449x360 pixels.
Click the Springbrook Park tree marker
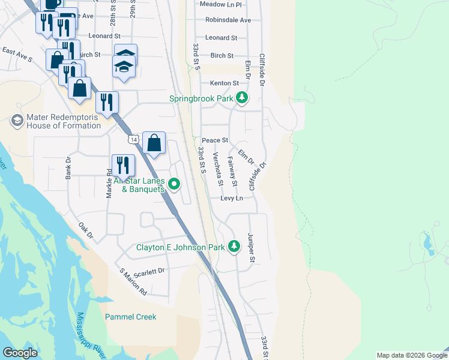pyautogui.click(x=241, y=98)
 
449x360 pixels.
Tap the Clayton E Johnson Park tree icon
pyautogui.click(x=234, y=247)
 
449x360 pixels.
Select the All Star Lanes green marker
pyautogui.click(x=174, y=184)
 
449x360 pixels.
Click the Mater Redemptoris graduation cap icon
pyautogui.click(x=16, y=121)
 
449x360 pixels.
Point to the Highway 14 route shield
pyautogui.click(x=133, y=139)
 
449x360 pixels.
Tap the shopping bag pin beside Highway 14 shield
pyautogui.click(x=154, y=143)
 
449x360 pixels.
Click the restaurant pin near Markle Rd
pyautogui.click(x=122, y=165)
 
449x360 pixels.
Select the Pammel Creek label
pyautogui.click(x=130, y=317)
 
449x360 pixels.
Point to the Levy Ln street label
pyautogui.click(x=231, y=198)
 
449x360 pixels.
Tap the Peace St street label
pyautogui.click(x=215, y=140)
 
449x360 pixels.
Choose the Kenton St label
pyautogui.click(x=224, y=83)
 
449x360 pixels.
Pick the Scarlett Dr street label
pyautogui.click(x=149, y=271)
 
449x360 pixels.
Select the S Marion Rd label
pyautogui.click(x=133, y=283)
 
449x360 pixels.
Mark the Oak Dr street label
pyautogui.click(x=86, y=231)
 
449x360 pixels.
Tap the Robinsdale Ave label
pyautogui.click(x=228, y=20)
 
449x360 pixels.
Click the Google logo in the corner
pyautogui.click(x=20, y=353)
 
